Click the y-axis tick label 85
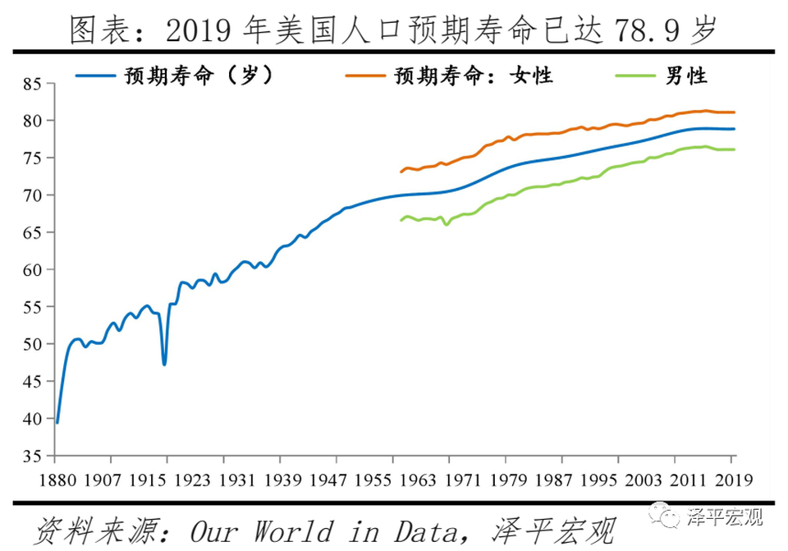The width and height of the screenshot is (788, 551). pos(33,84)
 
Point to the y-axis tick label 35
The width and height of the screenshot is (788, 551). pos(33,456)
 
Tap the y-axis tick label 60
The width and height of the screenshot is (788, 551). pos(33,270)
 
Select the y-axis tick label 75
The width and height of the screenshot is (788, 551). pos(33,158)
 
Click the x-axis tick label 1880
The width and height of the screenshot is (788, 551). pos(56,479)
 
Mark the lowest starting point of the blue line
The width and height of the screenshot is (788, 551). pos(57,421)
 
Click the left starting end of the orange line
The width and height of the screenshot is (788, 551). pos(401,172)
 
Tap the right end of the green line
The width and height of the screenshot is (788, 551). pos(734,149)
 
